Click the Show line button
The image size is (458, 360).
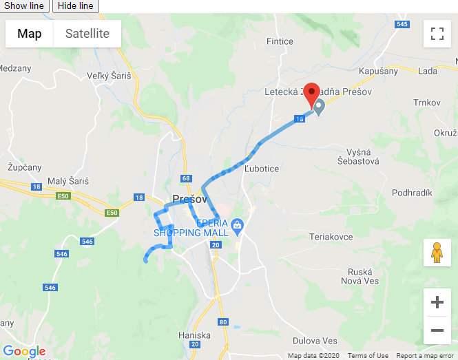click(24, 6)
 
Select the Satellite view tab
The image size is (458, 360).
click(87, 34)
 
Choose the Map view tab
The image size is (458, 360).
click(30, 34)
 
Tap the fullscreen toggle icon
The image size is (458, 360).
click(437, 34)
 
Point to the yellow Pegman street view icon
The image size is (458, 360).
click(437, 253)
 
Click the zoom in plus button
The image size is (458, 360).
click(437, 301)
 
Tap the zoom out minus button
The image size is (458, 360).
click(437, 330)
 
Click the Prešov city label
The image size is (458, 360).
click(189, 199)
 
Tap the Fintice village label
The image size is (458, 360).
click(280, 41)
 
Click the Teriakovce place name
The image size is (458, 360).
click(331, 237)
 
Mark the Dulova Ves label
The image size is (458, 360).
click(315, 341)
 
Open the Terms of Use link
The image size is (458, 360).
click(368, 355)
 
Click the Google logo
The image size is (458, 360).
click(24, 352)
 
